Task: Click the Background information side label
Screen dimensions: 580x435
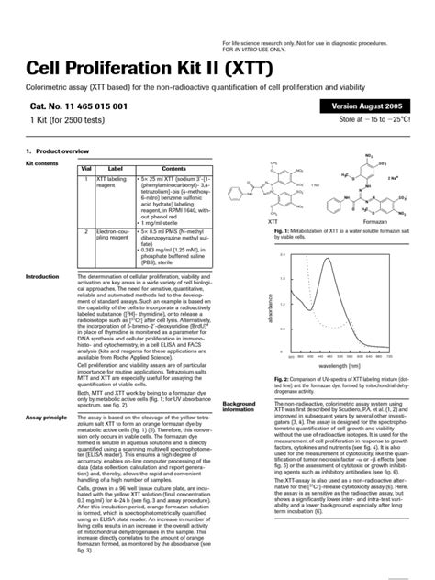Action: click(240, 407)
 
